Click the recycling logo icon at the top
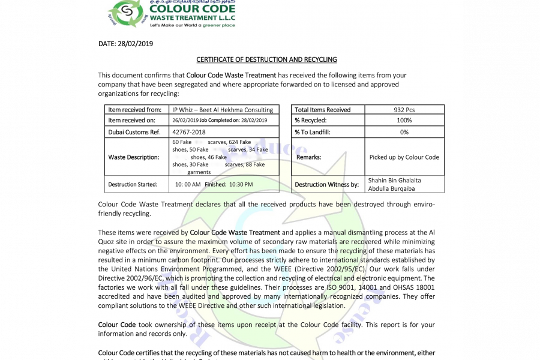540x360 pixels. [125, 14]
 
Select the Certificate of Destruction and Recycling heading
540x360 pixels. [267, 59]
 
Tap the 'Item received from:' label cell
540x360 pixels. [135, 110]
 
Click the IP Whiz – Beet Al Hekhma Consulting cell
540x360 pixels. [223, 110]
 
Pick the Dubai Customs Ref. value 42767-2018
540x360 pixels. [189, 131]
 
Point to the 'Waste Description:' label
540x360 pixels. [134, 157]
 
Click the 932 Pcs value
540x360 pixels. [404, 110]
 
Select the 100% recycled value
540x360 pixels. [404, 121]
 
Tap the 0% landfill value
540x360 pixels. [404, 132]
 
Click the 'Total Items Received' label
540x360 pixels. [323, 110]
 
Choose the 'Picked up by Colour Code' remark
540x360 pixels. [404, 157]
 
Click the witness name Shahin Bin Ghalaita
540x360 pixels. [394, 180]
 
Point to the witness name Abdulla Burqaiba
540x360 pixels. [391, 188]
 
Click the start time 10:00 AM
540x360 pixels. [188, 184]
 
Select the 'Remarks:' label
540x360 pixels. [309, 157]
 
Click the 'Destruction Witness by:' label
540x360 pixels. [327, 184]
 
